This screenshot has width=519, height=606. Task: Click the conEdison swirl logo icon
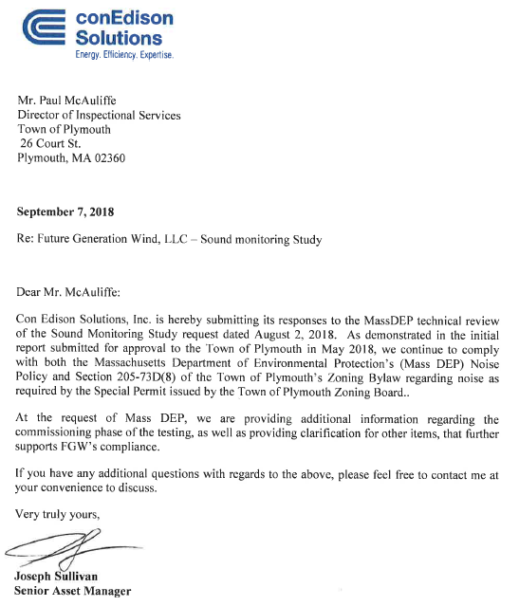click(41, 28)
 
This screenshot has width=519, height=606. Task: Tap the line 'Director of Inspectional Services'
click(100, 115)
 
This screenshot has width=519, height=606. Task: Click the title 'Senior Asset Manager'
click(73, 591)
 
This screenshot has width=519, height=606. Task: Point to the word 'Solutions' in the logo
click(119, 38)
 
